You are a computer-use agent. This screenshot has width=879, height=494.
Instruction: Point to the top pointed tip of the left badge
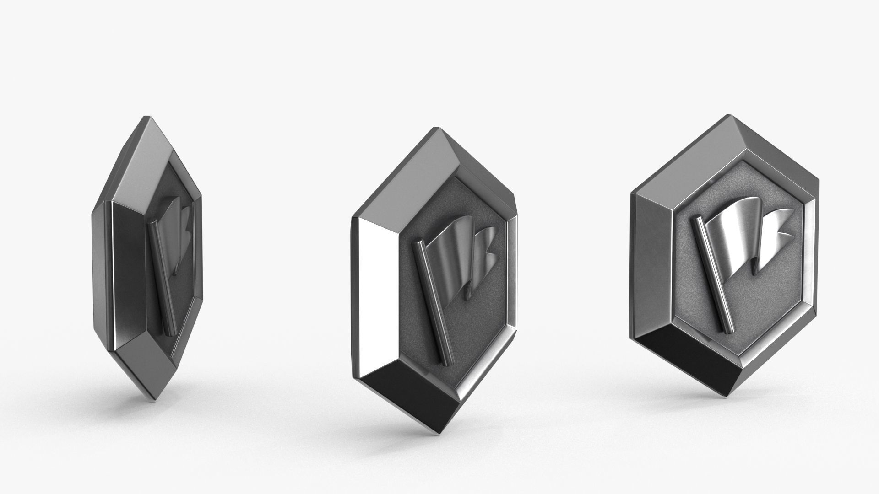click(146, 118)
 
